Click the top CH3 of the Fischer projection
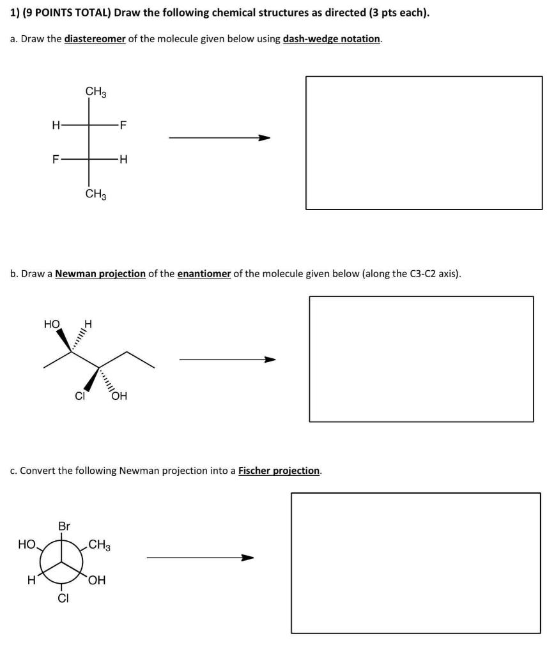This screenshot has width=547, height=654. (x=96, y=93)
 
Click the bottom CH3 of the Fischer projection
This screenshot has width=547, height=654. (x=96, y=194)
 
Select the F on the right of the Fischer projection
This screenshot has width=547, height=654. (x=123, y=125)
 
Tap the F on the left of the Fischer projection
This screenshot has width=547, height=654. (x=56, y=160)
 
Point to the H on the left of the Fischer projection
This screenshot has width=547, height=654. (x=56, y=125)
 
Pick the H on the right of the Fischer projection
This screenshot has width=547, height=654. (x=123, y=160)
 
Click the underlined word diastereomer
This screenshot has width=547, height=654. (x=95, y=39)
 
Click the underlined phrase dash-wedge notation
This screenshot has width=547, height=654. (x=332, y=39)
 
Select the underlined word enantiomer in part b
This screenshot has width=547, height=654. (x=204, y=274)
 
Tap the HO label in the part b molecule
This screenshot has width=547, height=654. (x=52, y=324)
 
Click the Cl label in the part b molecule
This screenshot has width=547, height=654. (x=80, y=396)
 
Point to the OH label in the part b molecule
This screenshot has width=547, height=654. (x=119, y=396)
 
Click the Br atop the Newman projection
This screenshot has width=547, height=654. (x=64, y=527)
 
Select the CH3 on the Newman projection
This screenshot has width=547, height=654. (x=99, y=545)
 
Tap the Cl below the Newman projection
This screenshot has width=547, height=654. (x=63, y=598)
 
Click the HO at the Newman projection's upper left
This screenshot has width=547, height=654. (x=27, y=545)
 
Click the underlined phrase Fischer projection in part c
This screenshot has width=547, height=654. (x=279, y=471)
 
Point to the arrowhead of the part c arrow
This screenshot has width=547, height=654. (x=247, y=558)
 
